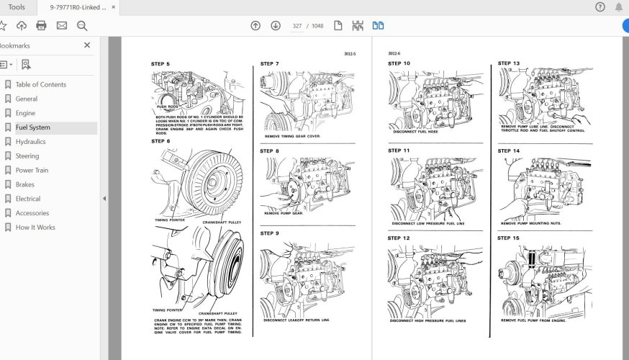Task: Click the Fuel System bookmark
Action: tap(33, 127)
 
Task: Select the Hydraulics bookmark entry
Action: tap(30, 142)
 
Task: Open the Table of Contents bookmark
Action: tap(40, 84)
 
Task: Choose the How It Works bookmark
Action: tap(35, 228)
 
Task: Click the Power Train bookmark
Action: tap(32, 171)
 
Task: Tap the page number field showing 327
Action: tap(297, 26)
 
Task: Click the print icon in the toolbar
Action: tap(41, 26)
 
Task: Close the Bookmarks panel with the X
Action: tap(87, 45)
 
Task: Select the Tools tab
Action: tap(16, 7)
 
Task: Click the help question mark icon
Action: tap(600, 7)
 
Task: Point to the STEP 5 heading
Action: tap(160, 65)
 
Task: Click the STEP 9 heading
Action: tap(270, 233)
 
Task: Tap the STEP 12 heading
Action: tap(399, 238)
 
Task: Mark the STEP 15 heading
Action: tap(508, 238)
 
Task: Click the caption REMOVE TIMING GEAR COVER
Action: tap(292, 136)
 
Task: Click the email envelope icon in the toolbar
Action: tap(62, 26)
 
